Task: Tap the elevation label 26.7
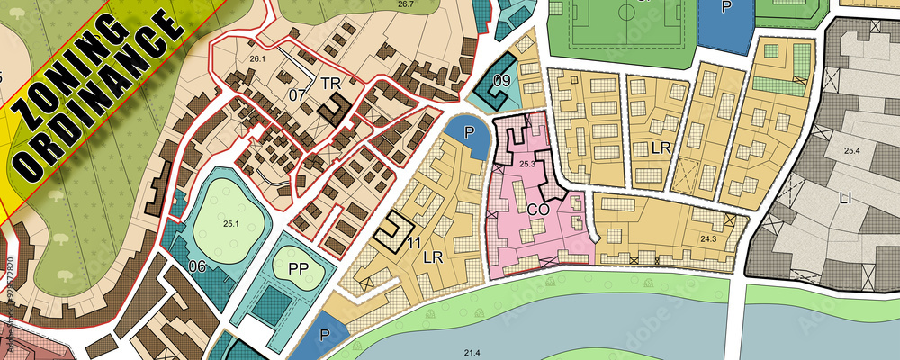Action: point(406,4)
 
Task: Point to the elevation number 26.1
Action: point(258,59)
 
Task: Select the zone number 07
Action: point(298,94)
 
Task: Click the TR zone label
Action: point(330,82)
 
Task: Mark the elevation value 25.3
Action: point(527,164)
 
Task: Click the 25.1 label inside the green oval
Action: point(231,223)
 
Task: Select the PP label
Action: point(299,267)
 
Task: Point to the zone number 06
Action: point(198,265)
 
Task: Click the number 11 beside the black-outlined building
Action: point(414,242)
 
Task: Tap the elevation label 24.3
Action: point(708,239)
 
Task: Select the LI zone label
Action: point(845,196)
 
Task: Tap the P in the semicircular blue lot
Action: point(469,132)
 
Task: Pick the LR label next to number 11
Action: point(434,257)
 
